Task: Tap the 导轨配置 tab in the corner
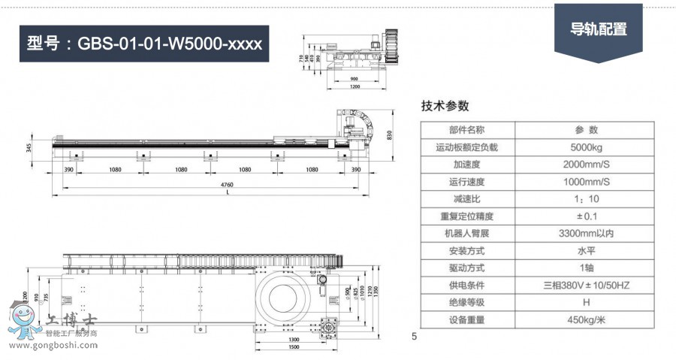[598, 30]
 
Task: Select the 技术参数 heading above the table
[445, 105]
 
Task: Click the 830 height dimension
[390, 135]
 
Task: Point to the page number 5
[414, 336]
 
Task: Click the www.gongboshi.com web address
[52, 346]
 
